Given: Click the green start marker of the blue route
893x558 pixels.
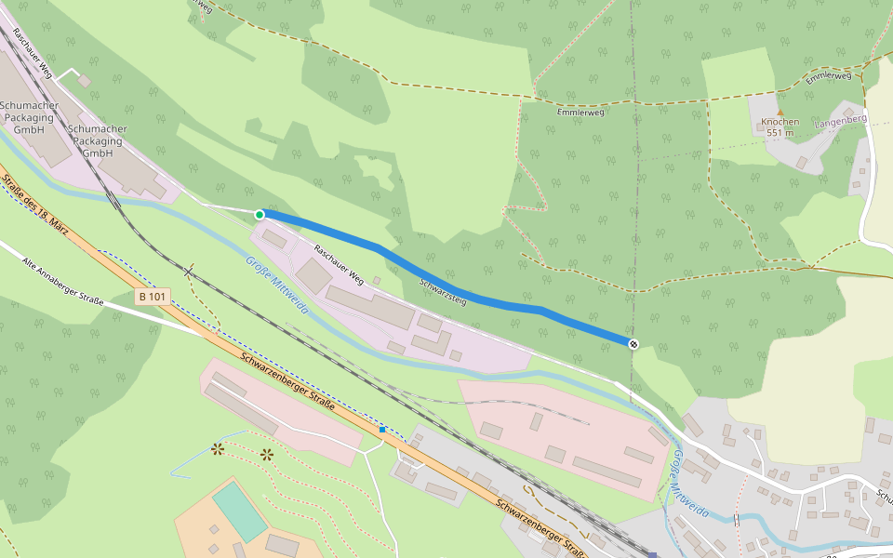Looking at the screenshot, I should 260,215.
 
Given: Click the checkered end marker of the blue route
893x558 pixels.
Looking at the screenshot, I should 633,344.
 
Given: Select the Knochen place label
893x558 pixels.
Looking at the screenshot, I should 780,122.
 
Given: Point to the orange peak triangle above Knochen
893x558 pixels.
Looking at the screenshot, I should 780,112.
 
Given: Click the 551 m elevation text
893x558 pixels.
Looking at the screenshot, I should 780,133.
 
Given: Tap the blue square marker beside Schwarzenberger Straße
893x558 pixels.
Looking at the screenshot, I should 382,430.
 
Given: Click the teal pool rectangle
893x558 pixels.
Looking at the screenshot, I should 240,510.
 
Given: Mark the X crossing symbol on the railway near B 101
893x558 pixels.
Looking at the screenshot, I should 189,272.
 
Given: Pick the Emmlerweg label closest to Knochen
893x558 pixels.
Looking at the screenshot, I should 828,77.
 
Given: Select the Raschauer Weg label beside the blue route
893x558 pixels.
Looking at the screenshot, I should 338,263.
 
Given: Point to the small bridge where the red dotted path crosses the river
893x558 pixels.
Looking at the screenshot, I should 735,517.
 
